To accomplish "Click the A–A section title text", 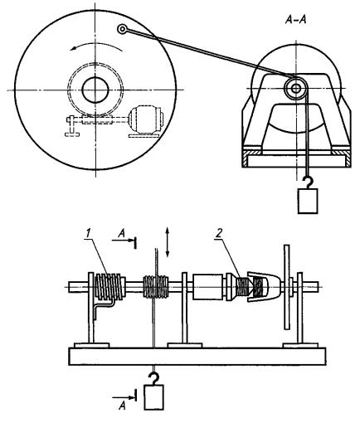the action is tap(295, 20).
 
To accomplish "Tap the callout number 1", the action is tap(88, 234).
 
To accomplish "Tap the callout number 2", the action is tap(218, 234).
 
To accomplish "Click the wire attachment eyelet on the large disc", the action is tap(122, 29).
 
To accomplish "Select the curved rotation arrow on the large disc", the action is tap(96, 45).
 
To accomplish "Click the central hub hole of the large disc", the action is tap(95, 90).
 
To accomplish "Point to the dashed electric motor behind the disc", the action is tap(146, 121).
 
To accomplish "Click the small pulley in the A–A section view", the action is tap(295, 89).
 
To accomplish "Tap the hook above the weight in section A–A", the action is tap(308, 182).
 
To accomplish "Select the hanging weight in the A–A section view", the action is tap(308, 201).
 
